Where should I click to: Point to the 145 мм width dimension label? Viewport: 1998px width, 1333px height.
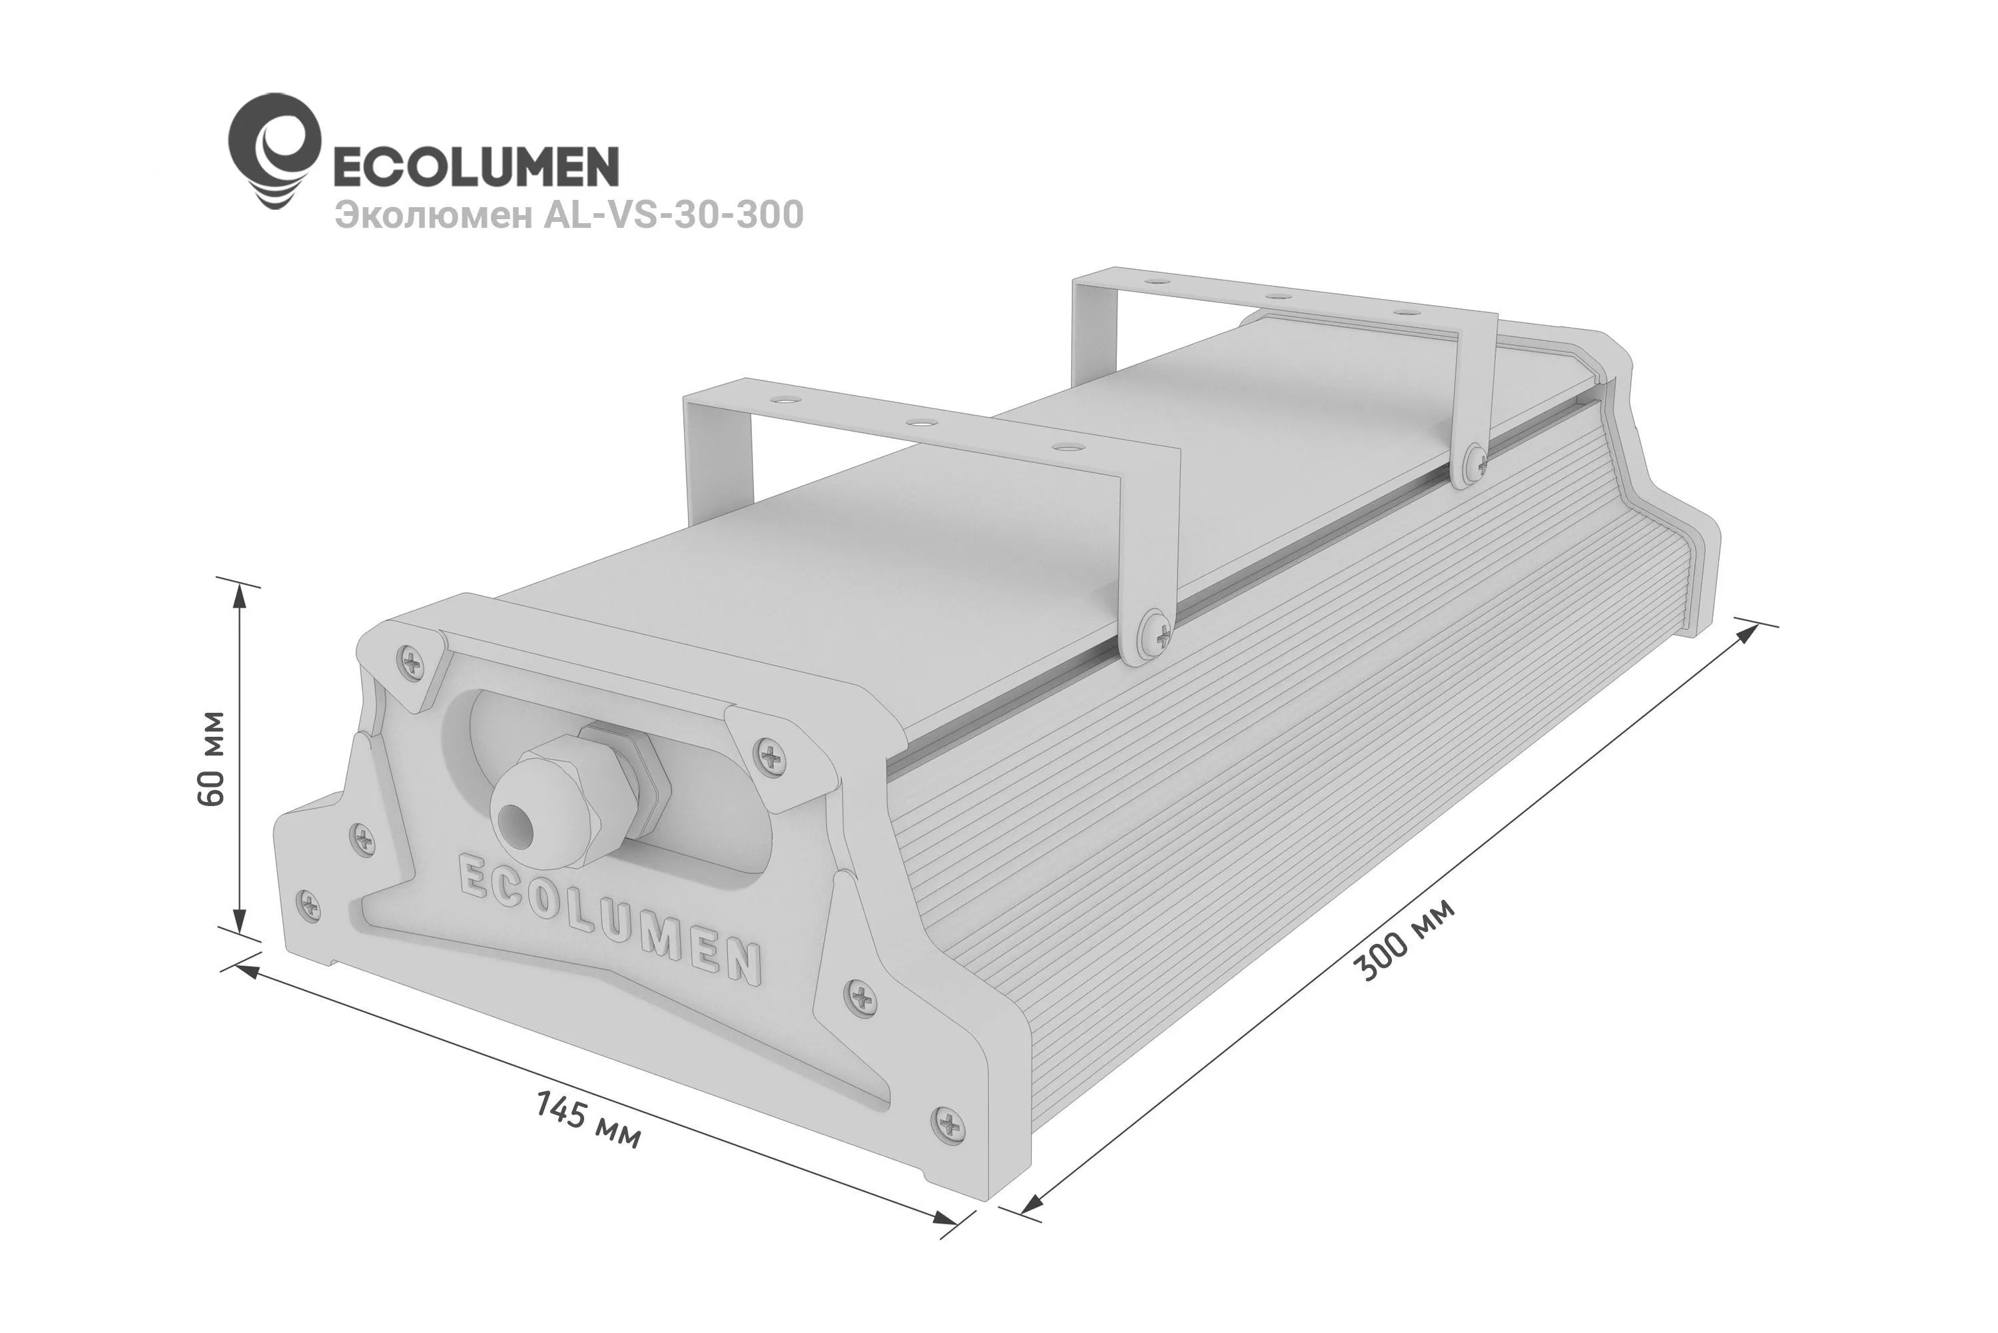588,1120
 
